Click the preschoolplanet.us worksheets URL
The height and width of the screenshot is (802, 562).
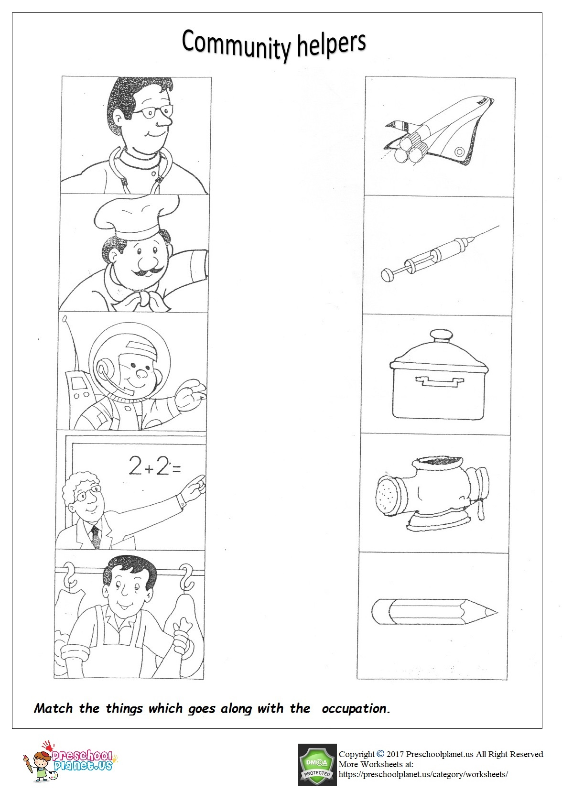(422, 774)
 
